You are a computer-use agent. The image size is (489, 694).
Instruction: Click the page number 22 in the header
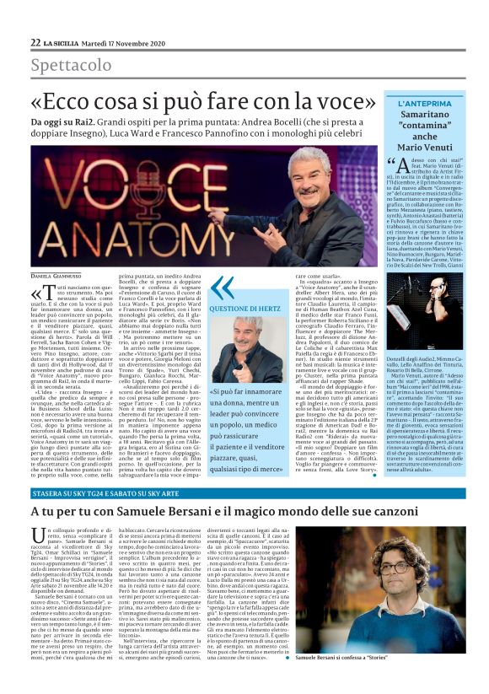point(35,42)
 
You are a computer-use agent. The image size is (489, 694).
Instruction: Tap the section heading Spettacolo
point(71,65)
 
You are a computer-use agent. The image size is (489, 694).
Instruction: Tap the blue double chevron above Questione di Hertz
point(223,287)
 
